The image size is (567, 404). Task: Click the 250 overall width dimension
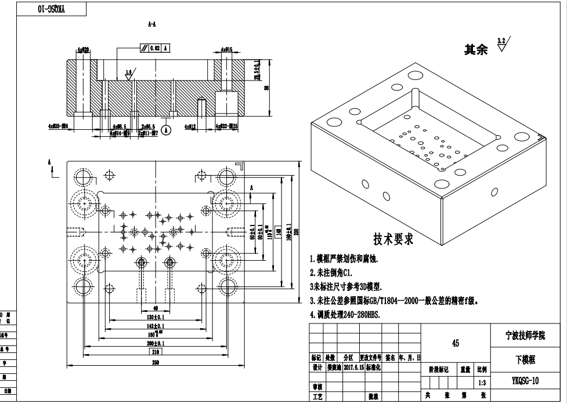[156, 362]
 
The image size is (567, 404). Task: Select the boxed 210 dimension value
[156, 352]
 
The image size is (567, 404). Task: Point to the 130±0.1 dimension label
[156, 317]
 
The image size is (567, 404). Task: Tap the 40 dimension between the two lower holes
[156, 308]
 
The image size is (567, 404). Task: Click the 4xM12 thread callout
[190, 126]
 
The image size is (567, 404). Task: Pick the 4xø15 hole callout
[226, 50]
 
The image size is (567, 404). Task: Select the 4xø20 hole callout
[83, 50]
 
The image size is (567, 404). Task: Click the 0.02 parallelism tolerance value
[155, 49]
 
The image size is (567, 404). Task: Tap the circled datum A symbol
[167, 130]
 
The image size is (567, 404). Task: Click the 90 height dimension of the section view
[266, 88]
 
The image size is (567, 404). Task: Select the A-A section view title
[151, 24]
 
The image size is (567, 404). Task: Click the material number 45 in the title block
[456, 343]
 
